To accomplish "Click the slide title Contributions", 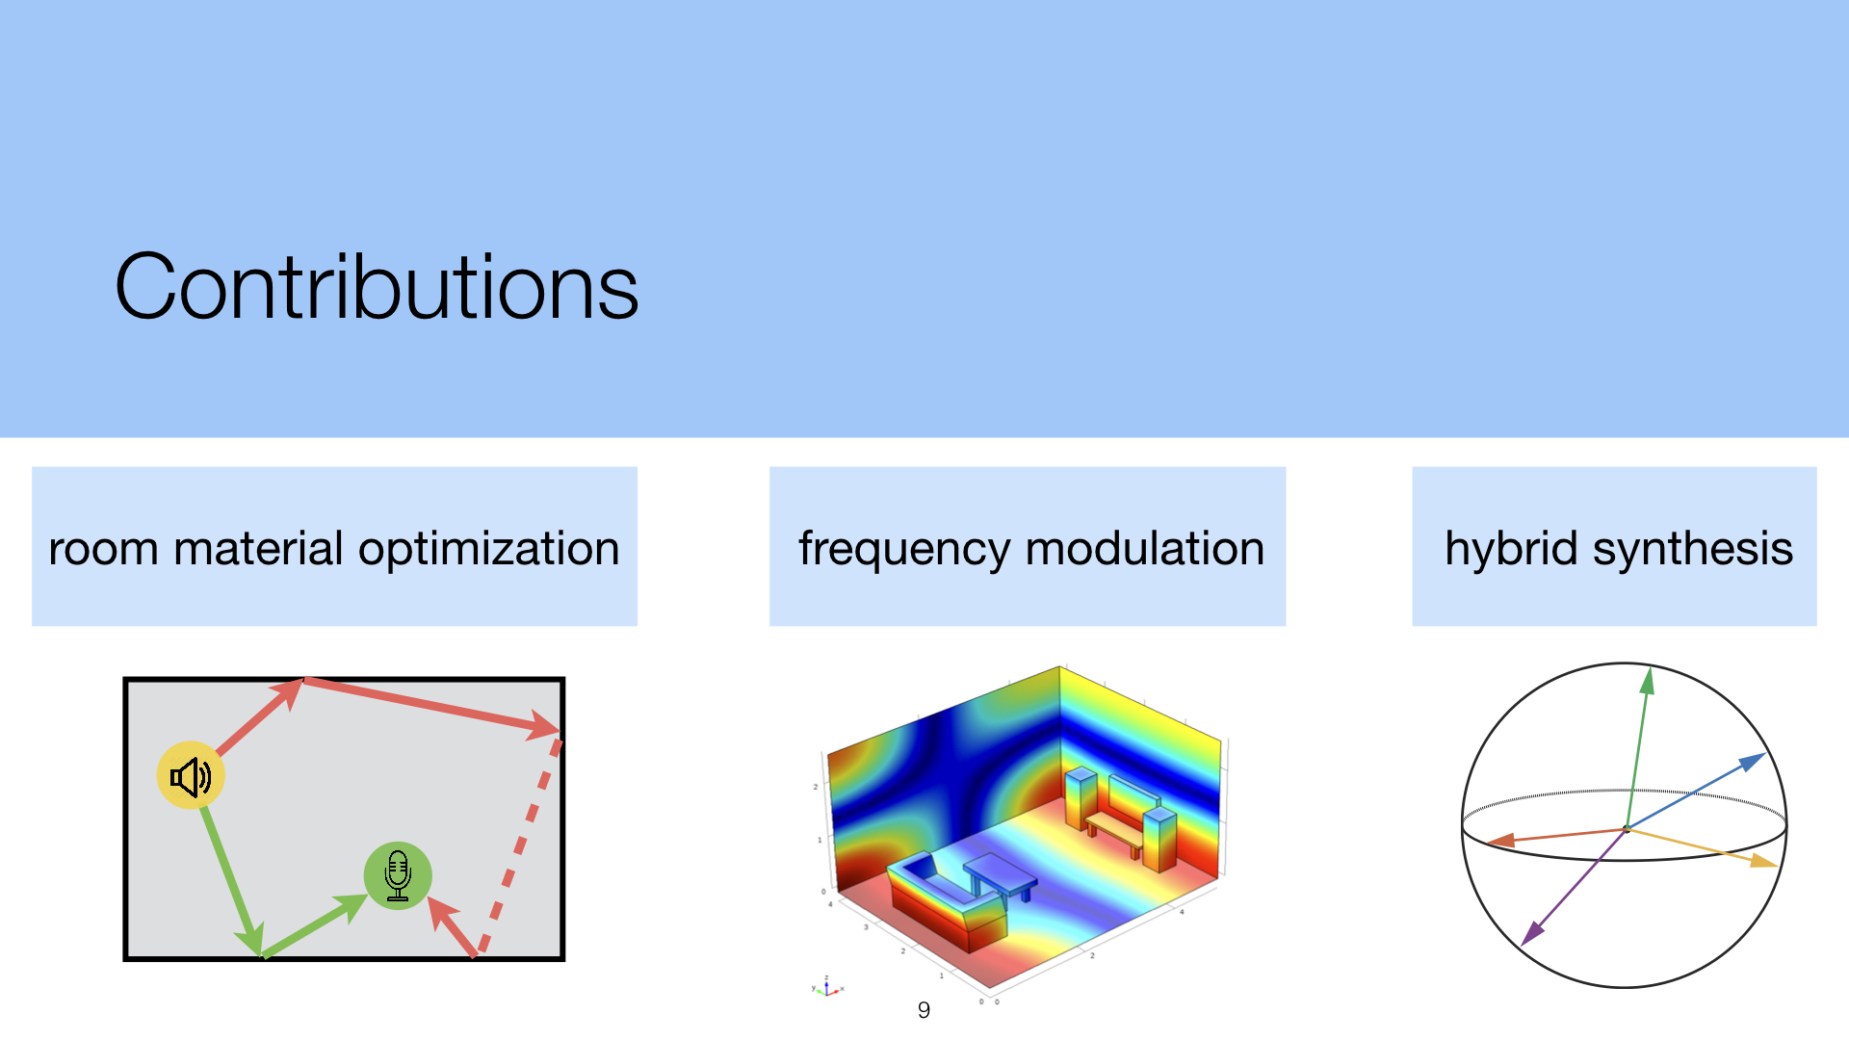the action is (377, 286).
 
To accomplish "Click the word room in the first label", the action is (103, 550).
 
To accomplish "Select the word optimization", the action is (489, 550).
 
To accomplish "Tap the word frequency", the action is (903, 550).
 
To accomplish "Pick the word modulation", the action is (1145, 548).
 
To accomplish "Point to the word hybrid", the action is (1511, 550).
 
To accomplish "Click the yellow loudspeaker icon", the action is (191, 775).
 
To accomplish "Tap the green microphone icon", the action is (398, 875).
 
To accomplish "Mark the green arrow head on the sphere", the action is (1648, 680).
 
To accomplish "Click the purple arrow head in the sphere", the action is (1532, 933).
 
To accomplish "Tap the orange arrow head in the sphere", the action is (1500, 842).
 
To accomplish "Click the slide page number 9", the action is (924, 1010).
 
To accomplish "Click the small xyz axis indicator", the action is (827, 987).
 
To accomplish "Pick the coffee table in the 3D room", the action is (1002, 876).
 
